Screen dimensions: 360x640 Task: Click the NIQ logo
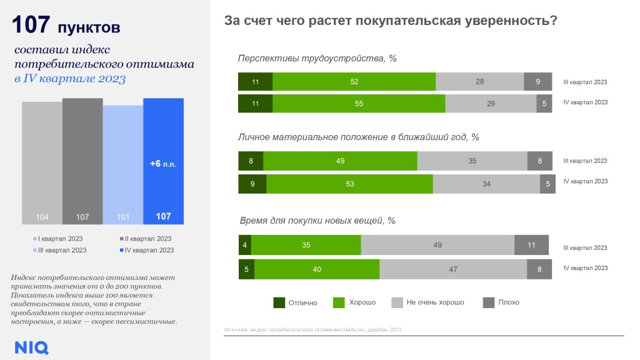pos(31,347)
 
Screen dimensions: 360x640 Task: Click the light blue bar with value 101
pos(123,165)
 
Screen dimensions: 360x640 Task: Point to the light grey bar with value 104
pos(42,162)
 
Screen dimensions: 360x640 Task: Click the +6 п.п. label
pos(163,164)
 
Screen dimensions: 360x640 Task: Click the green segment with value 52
pos(354,82)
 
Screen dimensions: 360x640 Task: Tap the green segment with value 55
pos(359,104)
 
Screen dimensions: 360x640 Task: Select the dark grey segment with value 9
pos(537,82)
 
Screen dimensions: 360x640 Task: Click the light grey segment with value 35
pos(472,161)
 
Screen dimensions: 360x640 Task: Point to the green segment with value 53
pos(349,184)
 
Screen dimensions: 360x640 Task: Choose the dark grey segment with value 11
pos(531,245)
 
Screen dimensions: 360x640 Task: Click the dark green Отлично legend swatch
pos(279,302)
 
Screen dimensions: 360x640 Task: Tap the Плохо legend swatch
pos(489,302)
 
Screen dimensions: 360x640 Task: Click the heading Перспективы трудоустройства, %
pos(317,59)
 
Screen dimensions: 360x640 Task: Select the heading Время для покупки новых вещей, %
pos(317,221)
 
